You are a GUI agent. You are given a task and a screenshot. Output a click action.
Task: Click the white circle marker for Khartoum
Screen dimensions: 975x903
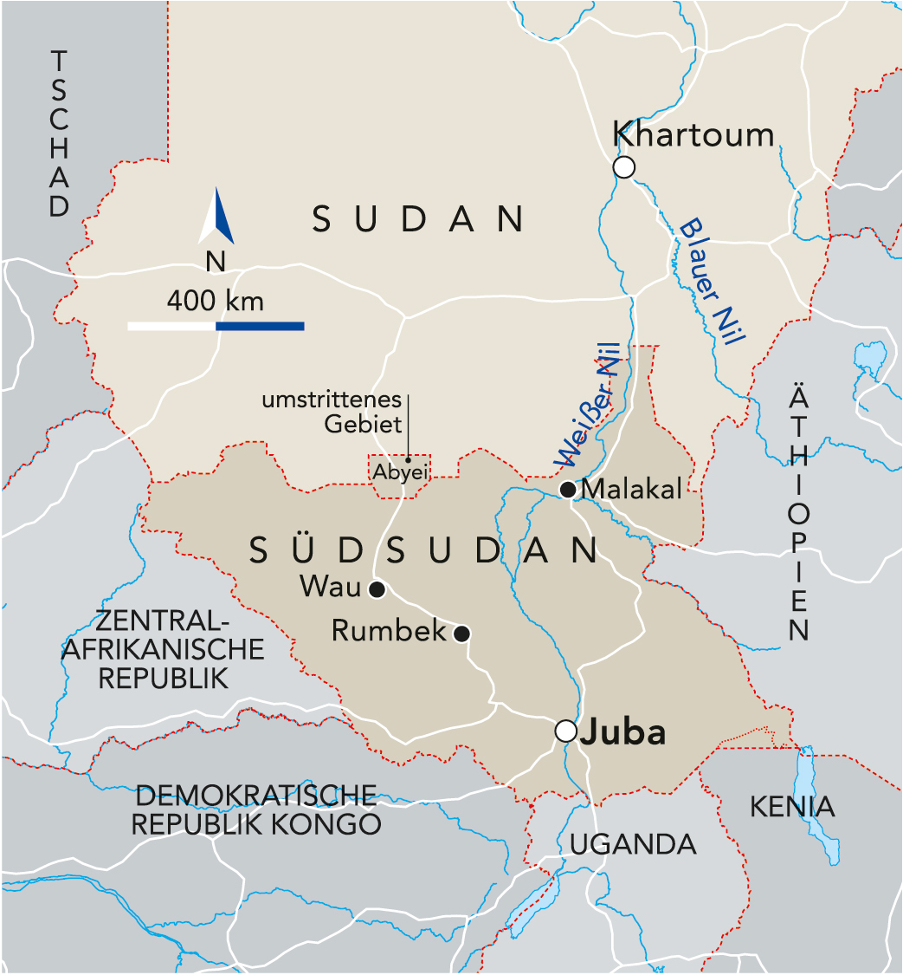pyautogui.click(x=623, y=167)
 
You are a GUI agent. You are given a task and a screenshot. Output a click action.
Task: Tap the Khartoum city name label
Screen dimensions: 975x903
pyautogui.click(x=693, y=134)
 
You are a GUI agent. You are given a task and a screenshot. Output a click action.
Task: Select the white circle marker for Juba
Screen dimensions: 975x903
pyautogui.click(x=565, y=731)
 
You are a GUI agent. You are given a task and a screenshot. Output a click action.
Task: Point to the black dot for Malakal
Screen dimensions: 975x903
pyautogui.click(x=568, y=491)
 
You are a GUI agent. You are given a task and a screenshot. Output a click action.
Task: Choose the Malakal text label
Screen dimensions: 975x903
pyautogui.click(x=632, y=489)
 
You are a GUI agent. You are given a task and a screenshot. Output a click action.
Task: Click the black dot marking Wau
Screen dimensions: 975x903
pyautogui.click(x=377, y=590)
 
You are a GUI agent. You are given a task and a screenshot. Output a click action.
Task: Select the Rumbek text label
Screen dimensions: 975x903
pyautogui.click(x=389, y=632)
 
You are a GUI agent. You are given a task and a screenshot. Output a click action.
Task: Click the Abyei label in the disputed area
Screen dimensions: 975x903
pyautogui.click(x=401, y=473)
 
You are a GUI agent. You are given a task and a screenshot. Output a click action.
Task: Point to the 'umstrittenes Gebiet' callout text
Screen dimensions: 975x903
pyautogui.click(x=332, y=413)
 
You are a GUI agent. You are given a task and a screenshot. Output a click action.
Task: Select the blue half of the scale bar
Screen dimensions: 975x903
pyautogui.click(x=260, y=326)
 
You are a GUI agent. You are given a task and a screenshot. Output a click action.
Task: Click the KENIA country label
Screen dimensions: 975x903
pyautogui.click(x=792, y=807)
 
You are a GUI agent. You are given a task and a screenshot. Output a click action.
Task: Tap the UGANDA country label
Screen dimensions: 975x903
pyautogui.click(x=633, y=843)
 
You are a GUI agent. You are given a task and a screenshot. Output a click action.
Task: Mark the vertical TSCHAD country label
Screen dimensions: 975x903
pyautogui.click(x=59, y=134)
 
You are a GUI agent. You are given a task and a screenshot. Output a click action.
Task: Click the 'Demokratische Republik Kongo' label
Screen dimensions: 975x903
pyautogui.click(x=256, y=809)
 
